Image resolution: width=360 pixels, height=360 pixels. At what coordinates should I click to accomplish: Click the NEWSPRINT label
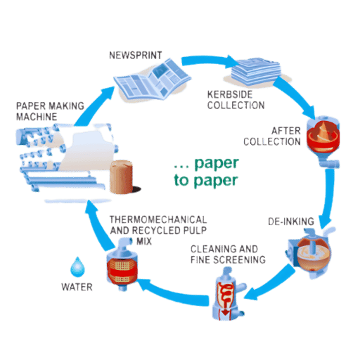pos(136,56)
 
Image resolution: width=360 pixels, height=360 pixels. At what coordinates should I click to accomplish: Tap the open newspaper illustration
pos(153,80)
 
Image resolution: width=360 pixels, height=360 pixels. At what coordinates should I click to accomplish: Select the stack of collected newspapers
pos(256,71)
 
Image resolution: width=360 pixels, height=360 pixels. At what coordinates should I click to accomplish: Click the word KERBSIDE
pos(230,94)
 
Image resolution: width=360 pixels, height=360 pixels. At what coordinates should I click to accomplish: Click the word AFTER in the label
pos(286,131)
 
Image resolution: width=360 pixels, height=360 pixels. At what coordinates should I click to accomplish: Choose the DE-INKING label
pos(291,221)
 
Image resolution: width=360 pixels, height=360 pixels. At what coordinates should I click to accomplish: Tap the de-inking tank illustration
pos(309,253)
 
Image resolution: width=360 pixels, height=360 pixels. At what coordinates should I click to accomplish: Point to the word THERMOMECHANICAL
pos(158,219)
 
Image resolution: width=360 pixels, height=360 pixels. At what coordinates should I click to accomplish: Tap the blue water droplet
pos(77,266)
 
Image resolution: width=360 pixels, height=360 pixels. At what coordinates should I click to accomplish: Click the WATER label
pos(77,287)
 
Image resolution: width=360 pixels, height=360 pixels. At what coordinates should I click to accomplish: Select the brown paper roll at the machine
pos(122,177)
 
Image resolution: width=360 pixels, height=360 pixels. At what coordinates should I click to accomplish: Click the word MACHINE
pos(37,117)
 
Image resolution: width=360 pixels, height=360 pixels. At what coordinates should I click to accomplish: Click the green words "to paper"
pos(206,181)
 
